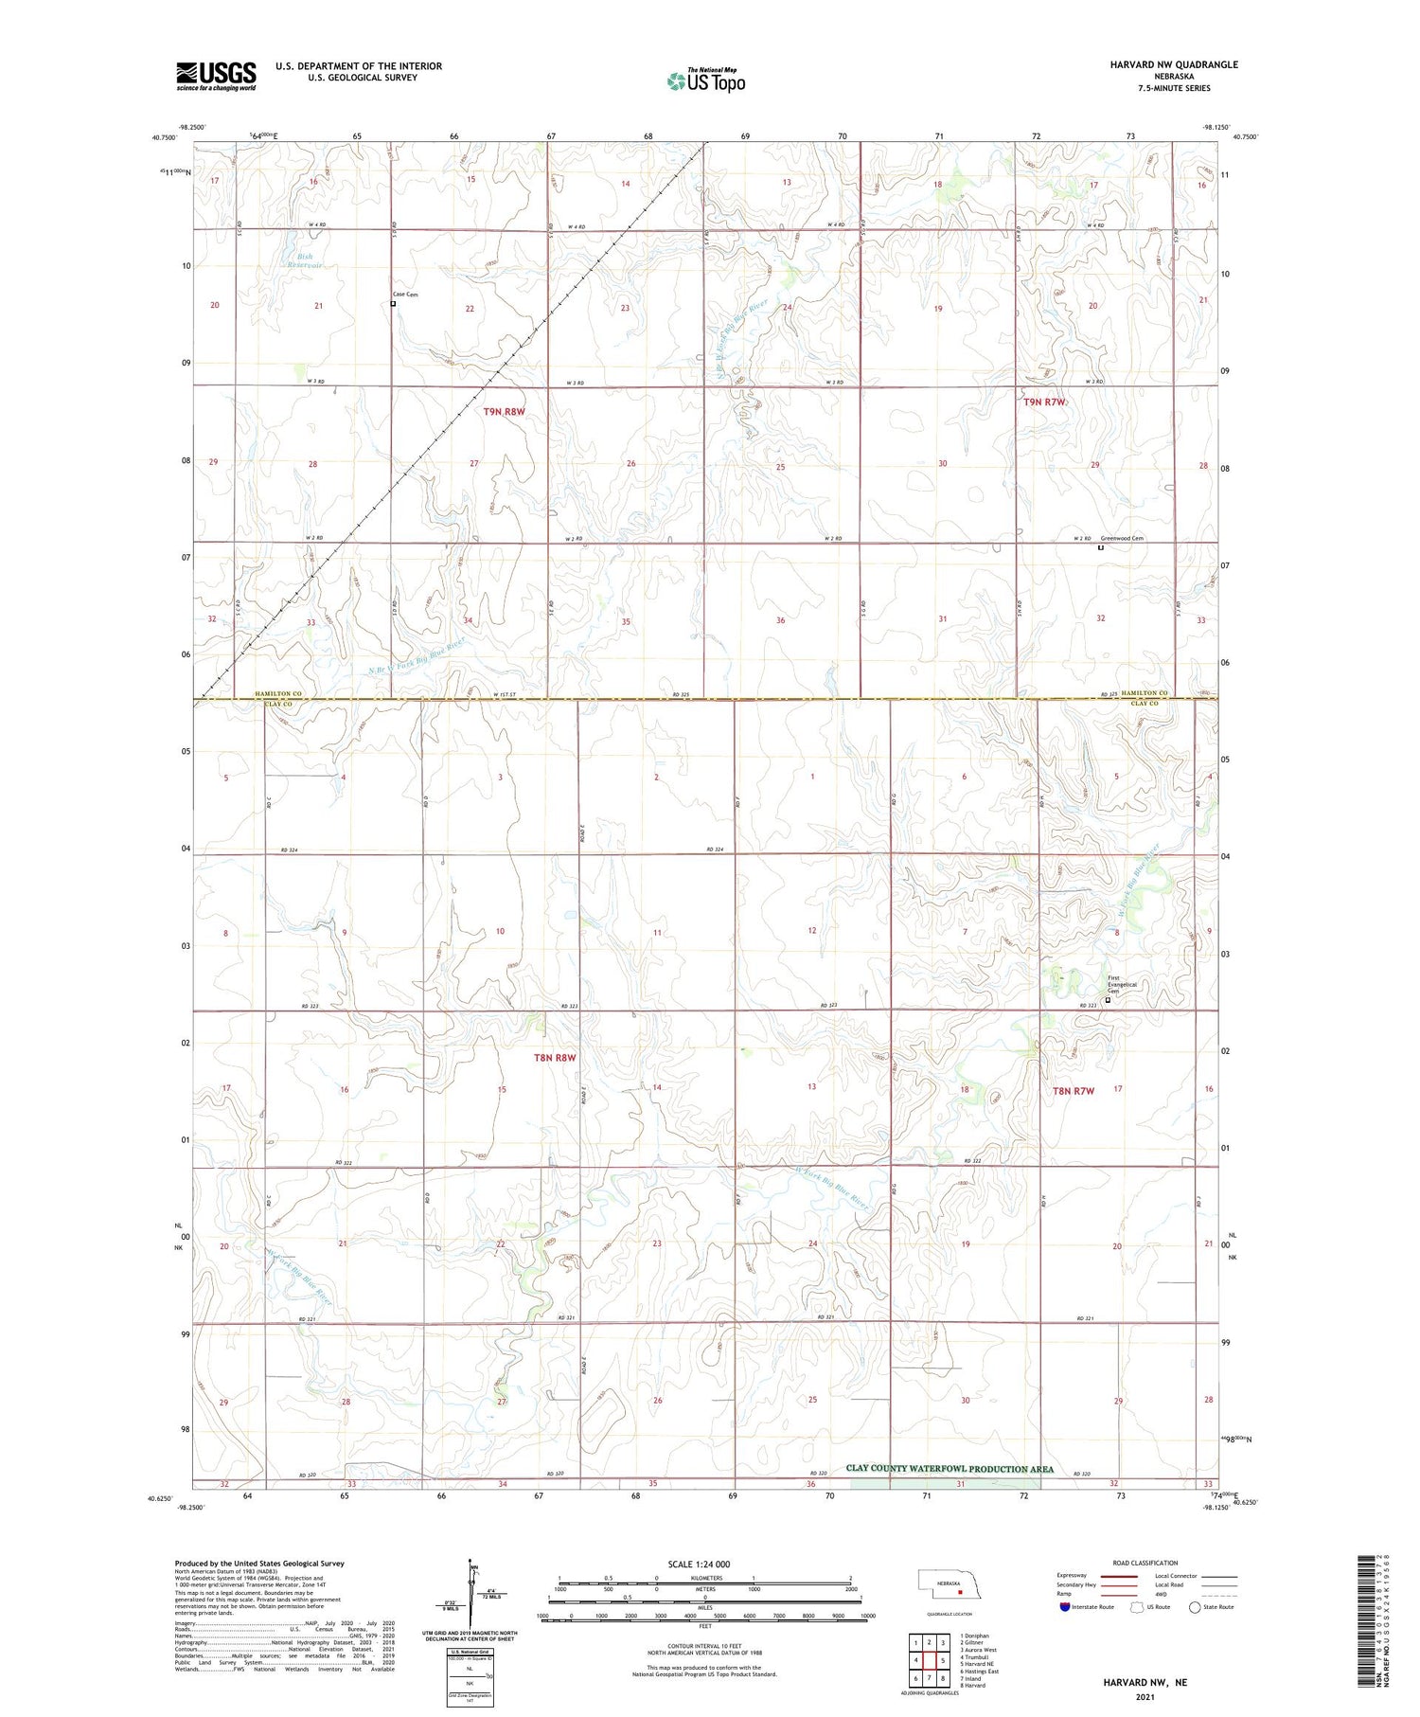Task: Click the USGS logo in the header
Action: click(216, 76)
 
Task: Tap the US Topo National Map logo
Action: click(705, 80)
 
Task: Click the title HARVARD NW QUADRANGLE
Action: click(1173, 64)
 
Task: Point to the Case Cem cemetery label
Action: click(405, 295)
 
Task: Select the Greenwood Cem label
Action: click(1122, 539)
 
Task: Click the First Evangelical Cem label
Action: click(1120, 985)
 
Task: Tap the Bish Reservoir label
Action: click(303, 260)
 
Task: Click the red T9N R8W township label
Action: click(504, 412)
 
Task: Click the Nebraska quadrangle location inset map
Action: click(948, 1585)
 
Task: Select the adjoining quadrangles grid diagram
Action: click(929, 1662)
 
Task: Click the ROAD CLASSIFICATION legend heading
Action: click(1145, 1563)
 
